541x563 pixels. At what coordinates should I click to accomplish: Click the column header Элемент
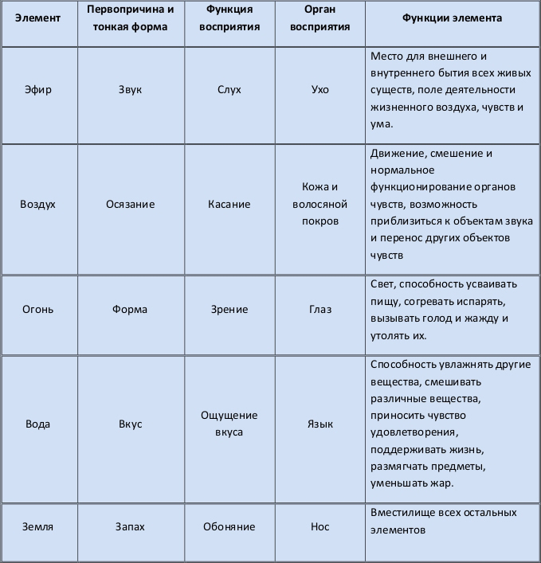pos(38,18)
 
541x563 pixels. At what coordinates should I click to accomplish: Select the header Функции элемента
pos(452,18)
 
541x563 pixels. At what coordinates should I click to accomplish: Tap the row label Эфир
pos(38,89)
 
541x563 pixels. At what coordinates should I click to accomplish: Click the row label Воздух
pos(38,204)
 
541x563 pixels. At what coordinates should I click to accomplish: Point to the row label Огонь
pos(38,309)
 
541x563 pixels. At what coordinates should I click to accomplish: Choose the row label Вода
pos(38,424)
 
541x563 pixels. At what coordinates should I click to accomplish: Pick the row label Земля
pos(38,526)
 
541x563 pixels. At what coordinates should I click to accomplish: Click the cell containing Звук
pos(130,89)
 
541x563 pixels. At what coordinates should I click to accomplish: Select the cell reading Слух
pos(229,89)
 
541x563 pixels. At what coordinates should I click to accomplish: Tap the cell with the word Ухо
pos(320,89)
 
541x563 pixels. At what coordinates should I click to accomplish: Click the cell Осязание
pos(130,204)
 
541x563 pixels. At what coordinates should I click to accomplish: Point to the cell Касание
pos(229,204)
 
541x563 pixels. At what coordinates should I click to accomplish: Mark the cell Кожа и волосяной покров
pos(320,204)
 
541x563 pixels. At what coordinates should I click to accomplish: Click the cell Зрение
pos(229,309)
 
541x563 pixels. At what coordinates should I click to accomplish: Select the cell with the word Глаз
pos(320,309)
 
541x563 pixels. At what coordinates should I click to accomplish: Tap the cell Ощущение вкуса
pos(229,424)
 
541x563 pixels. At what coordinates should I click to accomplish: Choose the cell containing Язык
pos(320,424)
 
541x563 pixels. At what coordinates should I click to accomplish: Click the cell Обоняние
pos(229,526)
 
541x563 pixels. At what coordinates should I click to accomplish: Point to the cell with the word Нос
pos(320,526)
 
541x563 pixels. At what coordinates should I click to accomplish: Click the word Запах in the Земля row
pos(130,526)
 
